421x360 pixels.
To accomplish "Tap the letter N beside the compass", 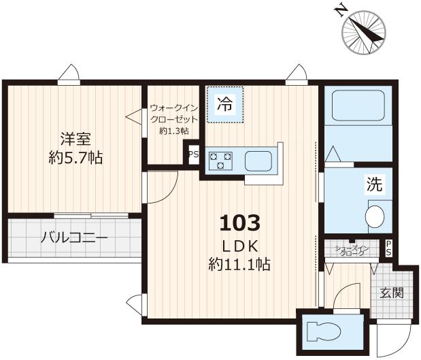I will [340, 10].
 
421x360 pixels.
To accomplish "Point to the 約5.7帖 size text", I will [75, 158].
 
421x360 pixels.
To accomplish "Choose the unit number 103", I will [239, 223].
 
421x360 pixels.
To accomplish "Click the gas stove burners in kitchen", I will [220, 161].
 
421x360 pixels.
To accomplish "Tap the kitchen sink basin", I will [258, 161].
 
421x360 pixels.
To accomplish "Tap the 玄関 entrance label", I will [391, 293].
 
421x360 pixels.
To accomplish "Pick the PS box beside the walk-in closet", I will [193, 154].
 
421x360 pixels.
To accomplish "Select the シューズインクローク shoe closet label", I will [352, 250].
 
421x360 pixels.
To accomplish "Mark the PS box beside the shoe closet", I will [388, 248].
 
